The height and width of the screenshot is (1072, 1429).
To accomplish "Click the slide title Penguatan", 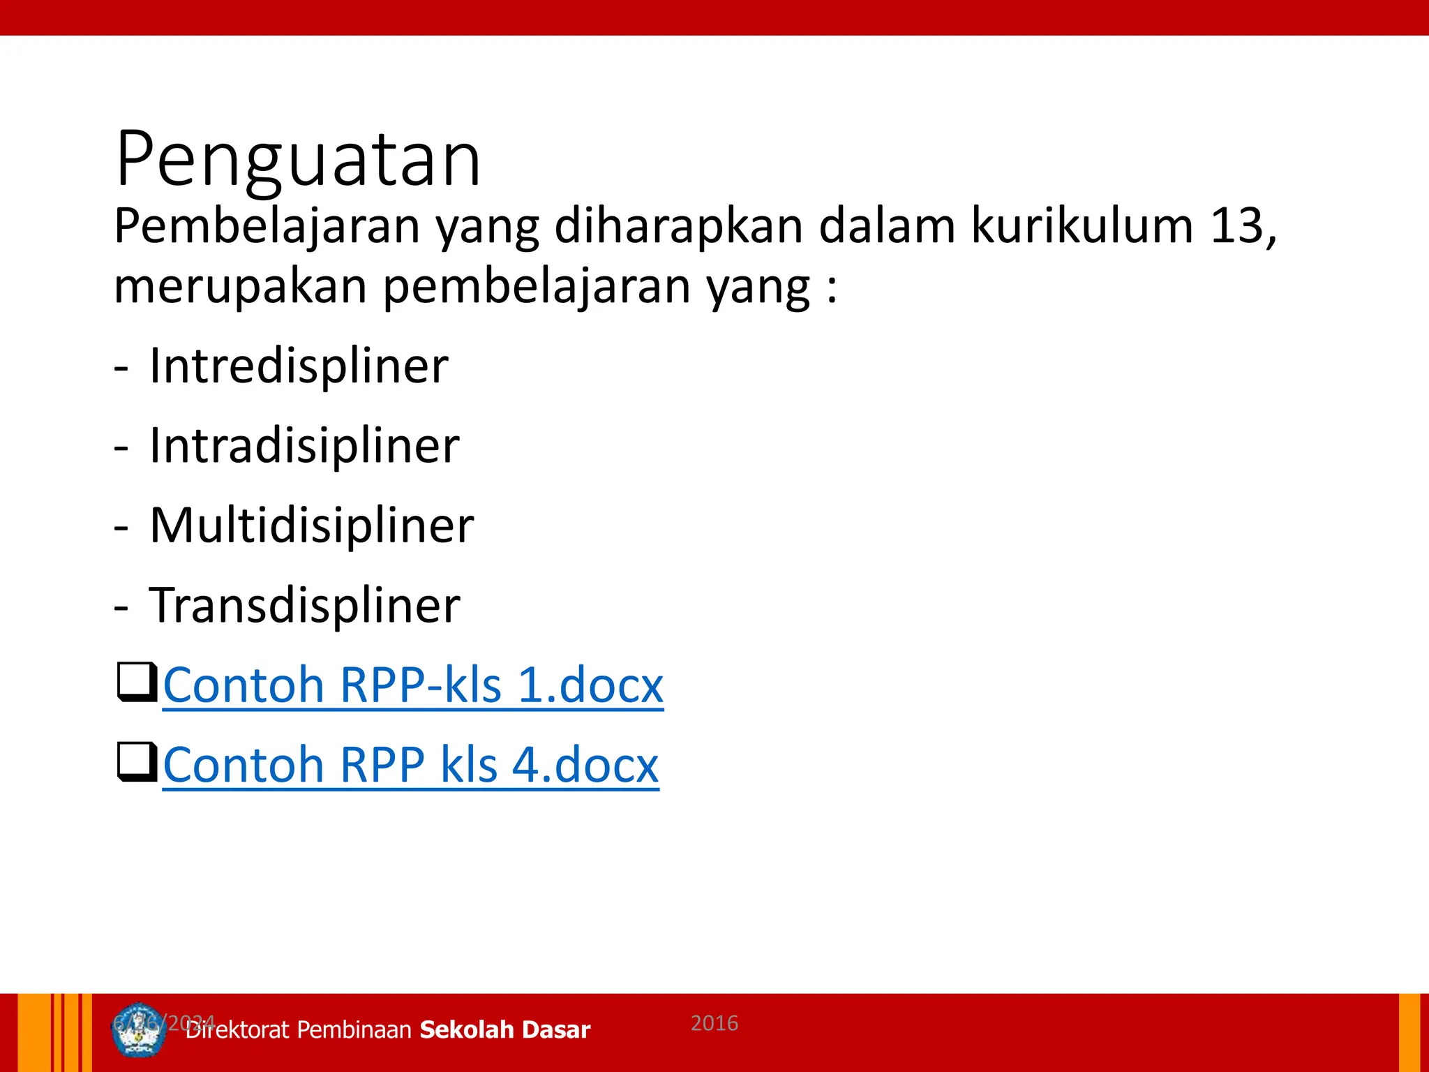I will pyautogui.click(x=299, y=160).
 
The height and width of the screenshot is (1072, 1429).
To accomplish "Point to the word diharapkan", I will pyautogui.click(x=679, y=226).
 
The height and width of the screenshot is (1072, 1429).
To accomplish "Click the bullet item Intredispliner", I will pyautogui.click(x=299, y=366).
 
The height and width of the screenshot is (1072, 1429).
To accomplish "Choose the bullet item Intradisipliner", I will pyautogui.click(x=304, y=445).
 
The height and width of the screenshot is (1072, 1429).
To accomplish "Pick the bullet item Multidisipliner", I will pyautogui.click(x=311, y=525).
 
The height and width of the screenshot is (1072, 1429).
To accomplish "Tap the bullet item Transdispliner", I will pyautogui.click(x=304, y=604).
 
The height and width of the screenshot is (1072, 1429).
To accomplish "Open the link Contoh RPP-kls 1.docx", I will pyautogui.click(x=413, y=685).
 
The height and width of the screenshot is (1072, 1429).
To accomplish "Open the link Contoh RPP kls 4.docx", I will pyautogui.click(x=410, y=764).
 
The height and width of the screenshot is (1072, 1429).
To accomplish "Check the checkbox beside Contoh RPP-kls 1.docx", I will pyautogui.click(x=136, y=682).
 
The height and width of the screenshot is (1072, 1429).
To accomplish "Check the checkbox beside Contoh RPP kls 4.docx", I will pyautogui.click(x=136, y=761).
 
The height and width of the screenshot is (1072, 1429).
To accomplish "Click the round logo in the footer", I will pyautogui.click(x=139, y=1030).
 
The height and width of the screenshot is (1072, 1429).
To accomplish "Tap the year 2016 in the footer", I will pyautogui.click(x=714, y=1023).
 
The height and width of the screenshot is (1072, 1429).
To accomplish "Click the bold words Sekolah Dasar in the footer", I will pyautogui.click(x=505, y=1030).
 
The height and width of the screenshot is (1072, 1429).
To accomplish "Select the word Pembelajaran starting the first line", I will pyautogui.click(x=267, y=226).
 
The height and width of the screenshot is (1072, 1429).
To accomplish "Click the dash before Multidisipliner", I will pyautogui.click(x=121, y=528).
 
